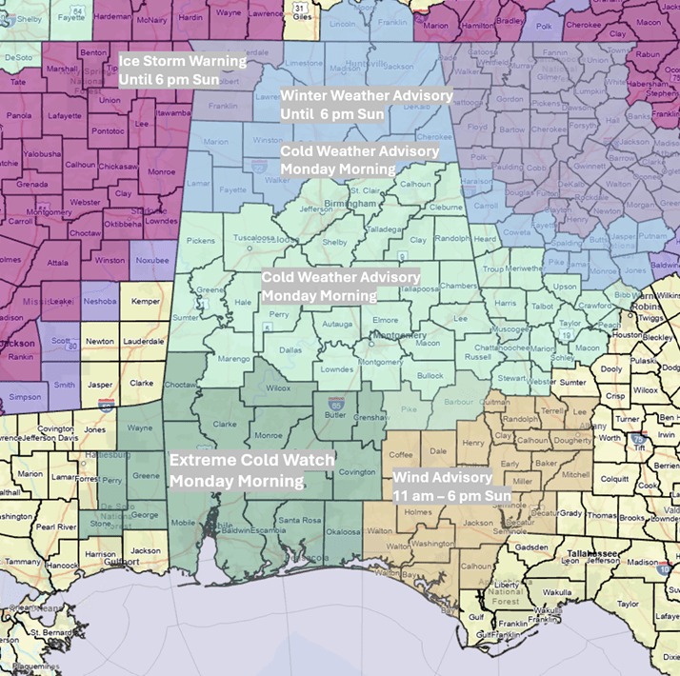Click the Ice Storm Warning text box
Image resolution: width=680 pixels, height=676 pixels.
(181, 70)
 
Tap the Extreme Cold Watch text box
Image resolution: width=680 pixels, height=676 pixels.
(251, 470)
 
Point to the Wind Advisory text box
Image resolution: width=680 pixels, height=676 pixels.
(451, 487)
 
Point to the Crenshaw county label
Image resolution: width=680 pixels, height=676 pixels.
(367, 419)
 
